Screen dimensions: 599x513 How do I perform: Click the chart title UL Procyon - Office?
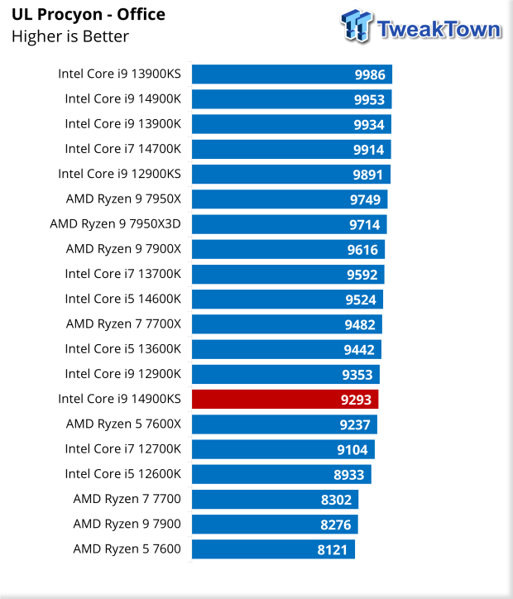(x=89, y=15)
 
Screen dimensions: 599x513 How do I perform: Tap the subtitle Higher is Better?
(x=70, y=36)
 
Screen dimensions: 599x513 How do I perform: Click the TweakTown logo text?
(x=439, y=30)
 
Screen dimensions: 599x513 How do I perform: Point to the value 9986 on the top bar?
(x=370, y=74)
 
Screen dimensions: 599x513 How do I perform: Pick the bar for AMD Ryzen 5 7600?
(x=273, y=549)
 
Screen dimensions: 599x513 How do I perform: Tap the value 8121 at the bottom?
(x=333, y=549)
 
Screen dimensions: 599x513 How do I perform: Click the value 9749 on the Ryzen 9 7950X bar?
(x=366, y=199)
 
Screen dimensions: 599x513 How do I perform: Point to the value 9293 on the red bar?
(x=357, y=399)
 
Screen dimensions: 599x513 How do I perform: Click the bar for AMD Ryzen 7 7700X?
(x=286, y=324)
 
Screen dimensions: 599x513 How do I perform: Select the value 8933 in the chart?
(x=349, y=474)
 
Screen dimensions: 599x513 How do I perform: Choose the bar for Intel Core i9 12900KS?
(x=290, y=175)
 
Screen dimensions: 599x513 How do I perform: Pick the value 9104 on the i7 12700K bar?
(x=352, y=449)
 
